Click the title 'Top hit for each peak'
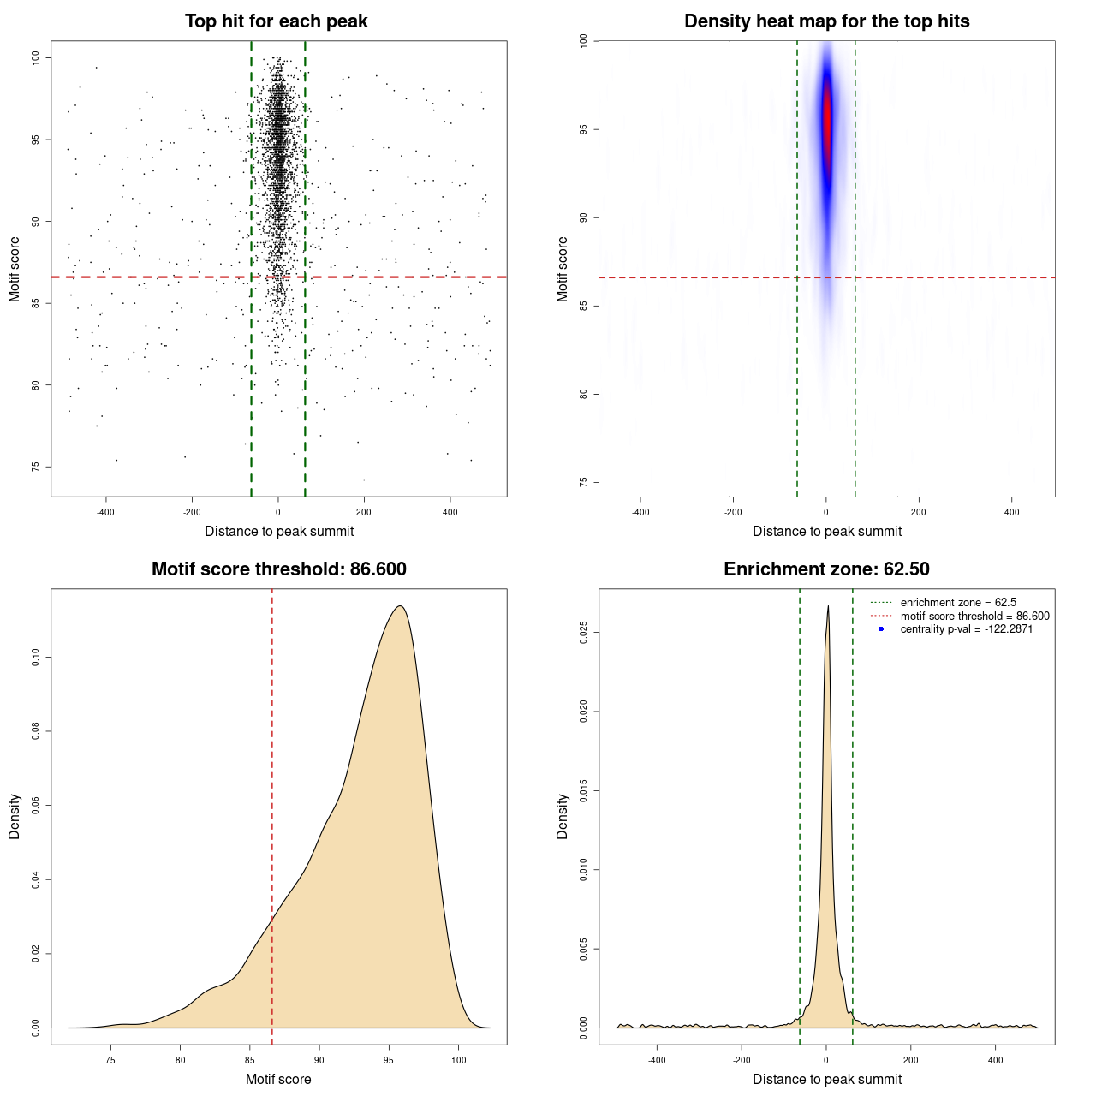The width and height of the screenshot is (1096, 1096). coord(276,21)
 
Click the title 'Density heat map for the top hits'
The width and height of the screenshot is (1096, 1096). coord(826,21)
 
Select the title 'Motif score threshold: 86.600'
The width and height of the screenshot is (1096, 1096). coord(278,569)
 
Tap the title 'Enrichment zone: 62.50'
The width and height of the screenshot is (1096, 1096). coord(826,569)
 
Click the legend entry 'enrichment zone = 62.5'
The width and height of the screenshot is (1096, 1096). coord(958,603)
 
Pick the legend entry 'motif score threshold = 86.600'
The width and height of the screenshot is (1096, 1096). coord(974,616)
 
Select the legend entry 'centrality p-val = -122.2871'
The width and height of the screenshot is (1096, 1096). coord(966,629)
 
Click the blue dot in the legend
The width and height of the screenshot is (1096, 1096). coord(881,629)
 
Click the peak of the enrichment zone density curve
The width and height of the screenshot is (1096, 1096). coord(828,607)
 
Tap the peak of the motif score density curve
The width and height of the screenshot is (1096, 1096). coord(399,606)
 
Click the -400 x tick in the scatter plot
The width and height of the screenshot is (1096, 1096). coord(105,513)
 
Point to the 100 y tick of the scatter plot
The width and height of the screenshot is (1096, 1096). coord(35,57)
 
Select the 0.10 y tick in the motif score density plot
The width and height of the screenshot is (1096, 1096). coord(35,658)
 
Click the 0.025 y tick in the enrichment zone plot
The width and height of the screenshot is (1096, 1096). coord(583,633)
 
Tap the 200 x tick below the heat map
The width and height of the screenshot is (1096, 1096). coord(919,513)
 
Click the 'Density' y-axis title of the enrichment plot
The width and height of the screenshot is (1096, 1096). coord(563,816)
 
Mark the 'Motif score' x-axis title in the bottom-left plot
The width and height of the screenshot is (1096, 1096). coord(278,1079)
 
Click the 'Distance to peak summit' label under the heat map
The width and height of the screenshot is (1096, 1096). coord(827,531)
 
